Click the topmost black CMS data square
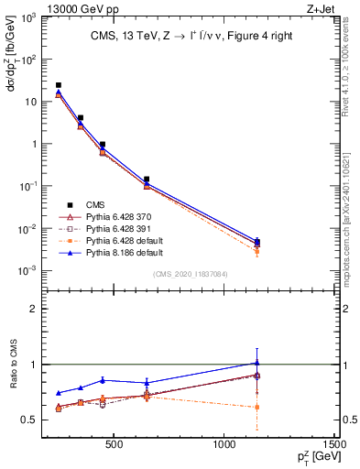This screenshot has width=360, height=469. coord(59,85)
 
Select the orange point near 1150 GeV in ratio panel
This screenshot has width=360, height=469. coord(257,407)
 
